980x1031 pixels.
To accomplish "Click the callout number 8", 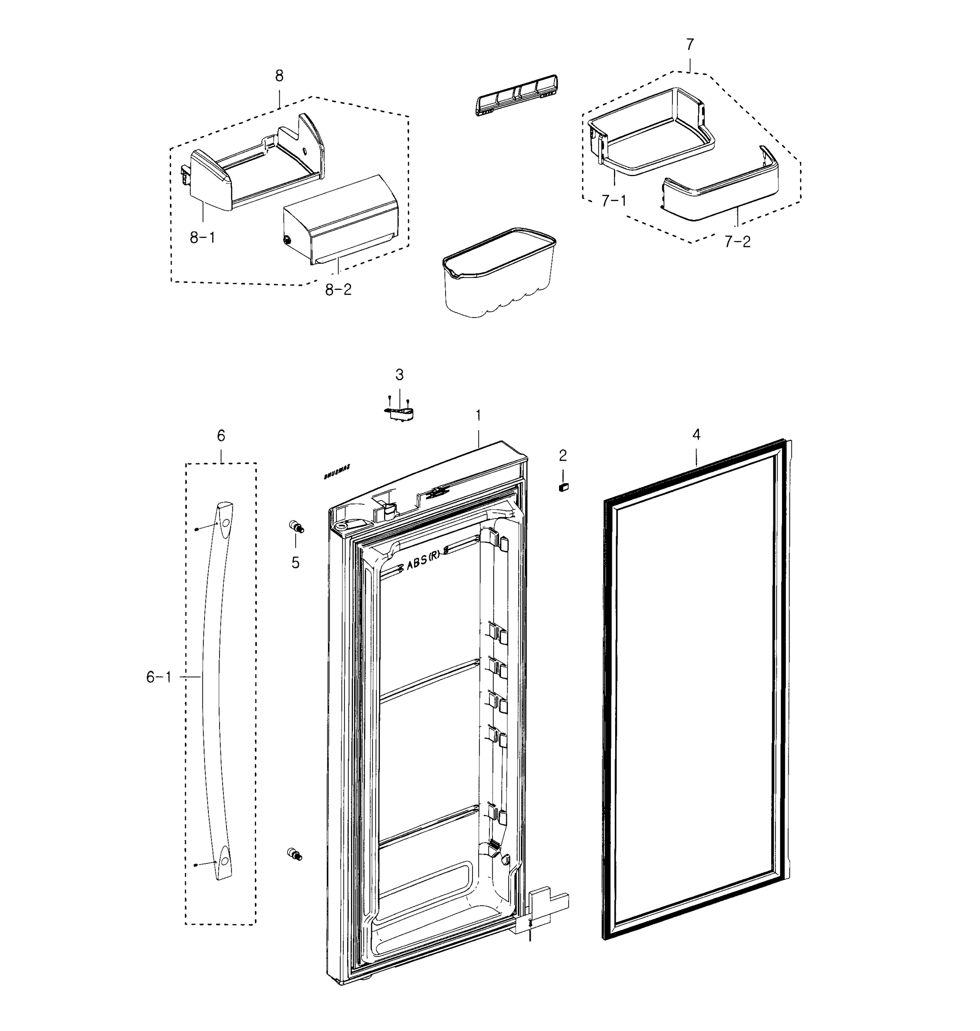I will click(279, 76).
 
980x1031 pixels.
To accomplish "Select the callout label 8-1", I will click(202, 238).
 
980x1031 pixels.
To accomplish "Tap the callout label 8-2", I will click(339, 290).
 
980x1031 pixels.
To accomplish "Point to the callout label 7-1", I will click(614, 201).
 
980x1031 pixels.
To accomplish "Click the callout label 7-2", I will click(738, 242).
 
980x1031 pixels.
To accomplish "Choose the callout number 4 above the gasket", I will click(696, 435).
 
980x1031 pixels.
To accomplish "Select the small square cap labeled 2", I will click(563, 487).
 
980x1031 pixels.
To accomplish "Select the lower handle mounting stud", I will click(294, 854).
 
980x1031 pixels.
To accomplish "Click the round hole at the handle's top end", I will click(225, 523).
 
